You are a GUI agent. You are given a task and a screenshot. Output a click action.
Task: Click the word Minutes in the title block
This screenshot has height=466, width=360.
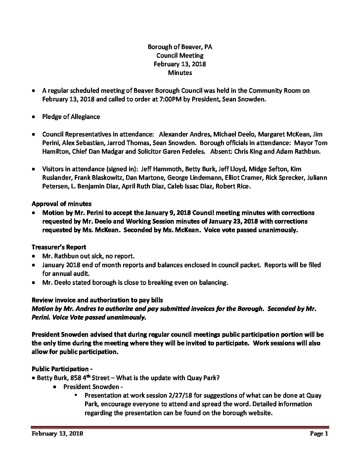180,72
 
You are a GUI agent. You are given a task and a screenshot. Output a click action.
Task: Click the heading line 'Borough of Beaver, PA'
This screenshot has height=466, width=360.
180,47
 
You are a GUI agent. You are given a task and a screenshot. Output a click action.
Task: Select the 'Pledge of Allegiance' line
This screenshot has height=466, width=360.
71,117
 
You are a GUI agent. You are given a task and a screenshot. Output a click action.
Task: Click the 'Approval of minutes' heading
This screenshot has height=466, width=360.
62,204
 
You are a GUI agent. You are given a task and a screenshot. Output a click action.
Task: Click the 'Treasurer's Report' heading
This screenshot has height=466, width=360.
59,247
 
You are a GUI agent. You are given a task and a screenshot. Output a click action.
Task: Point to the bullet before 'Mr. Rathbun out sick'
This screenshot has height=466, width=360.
34,256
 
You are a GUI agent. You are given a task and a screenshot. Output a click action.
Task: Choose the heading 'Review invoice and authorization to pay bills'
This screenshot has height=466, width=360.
97,300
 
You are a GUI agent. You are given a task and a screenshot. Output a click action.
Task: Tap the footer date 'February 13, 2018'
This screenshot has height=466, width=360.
57,434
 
